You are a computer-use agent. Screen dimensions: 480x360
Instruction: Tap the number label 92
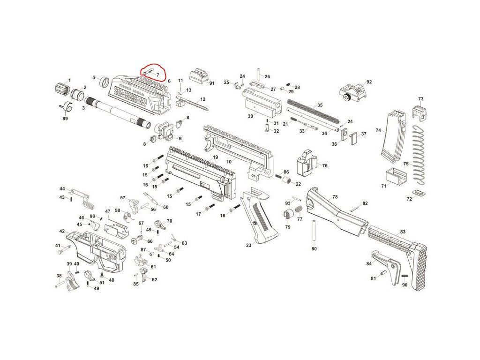click(369, 82)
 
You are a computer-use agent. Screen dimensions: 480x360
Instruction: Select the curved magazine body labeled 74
click(392, 136)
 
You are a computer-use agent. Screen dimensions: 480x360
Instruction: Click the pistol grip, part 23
click(255, 216)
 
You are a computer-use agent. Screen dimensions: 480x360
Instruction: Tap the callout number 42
click(62, 231)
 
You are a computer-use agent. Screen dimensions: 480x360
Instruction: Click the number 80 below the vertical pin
click(314, 249)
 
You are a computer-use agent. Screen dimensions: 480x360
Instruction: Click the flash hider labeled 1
click(60, 87)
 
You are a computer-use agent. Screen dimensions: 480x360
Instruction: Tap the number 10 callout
click(229, 161)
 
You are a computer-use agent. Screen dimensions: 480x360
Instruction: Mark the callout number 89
click(65, 119)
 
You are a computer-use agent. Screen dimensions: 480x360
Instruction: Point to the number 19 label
click(215, 157)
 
